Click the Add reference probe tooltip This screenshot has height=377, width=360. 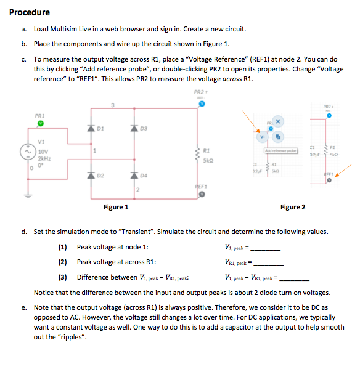pyautogui.click(x=281, y=150)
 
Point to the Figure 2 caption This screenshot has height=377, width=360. pyautogui.click(x=293, y=207)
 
